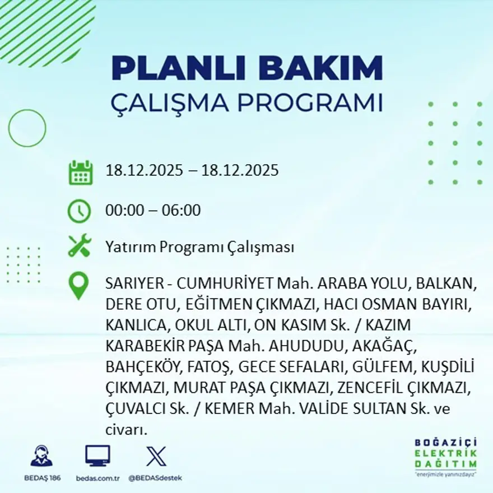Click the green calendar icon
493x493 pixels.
[x=80, y=173]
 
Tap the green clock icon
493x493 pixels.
[x=79, y=211]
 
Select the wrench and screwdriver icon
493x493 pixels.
[x=80, y=246]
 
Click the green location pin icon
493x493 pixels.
[x=78, y=285]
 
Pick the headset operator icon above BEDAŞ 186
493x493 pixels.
[x=41, y=455]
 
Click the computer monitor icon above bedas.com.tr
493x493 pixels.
[x=97, y=455]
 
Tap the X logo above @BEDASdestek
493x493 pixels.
[x=156, y=455]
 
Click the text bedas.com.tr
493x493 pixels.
[x=97, y=478]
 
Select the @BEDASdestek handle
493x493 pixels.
[x=155, y=478]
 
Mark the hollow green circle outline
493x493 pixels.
[x=27, y=128]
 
